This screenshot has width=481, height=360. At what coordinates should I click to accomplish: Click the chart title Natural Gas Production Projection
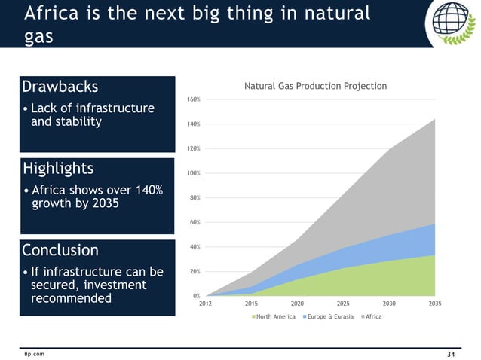[x=314, y=86]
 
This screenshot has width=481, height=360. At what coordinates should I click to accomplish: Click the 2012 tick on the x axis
[x=205, y=304]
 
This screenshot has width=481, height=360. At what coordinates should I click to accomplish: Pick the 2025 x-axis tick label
[x=343, y=304]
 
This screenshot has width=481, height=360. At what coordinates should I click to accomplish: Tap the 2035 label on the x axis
[x=435, y=304]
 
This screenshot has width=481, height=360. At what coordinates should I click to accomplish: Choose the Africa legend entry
[x=372, y=317]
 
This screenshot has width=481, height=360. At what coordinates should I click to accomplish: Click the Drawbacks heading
[x=60, y=86]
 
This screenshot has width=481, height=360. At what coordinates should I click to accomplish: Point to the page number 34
[x=452, y=353]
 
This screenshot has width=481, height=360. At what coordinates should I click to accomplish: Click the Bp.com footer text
[x=34, y=353]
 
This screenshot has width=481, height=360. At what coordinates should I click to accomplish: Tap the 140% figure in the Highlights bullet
[x=142, y=189]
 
